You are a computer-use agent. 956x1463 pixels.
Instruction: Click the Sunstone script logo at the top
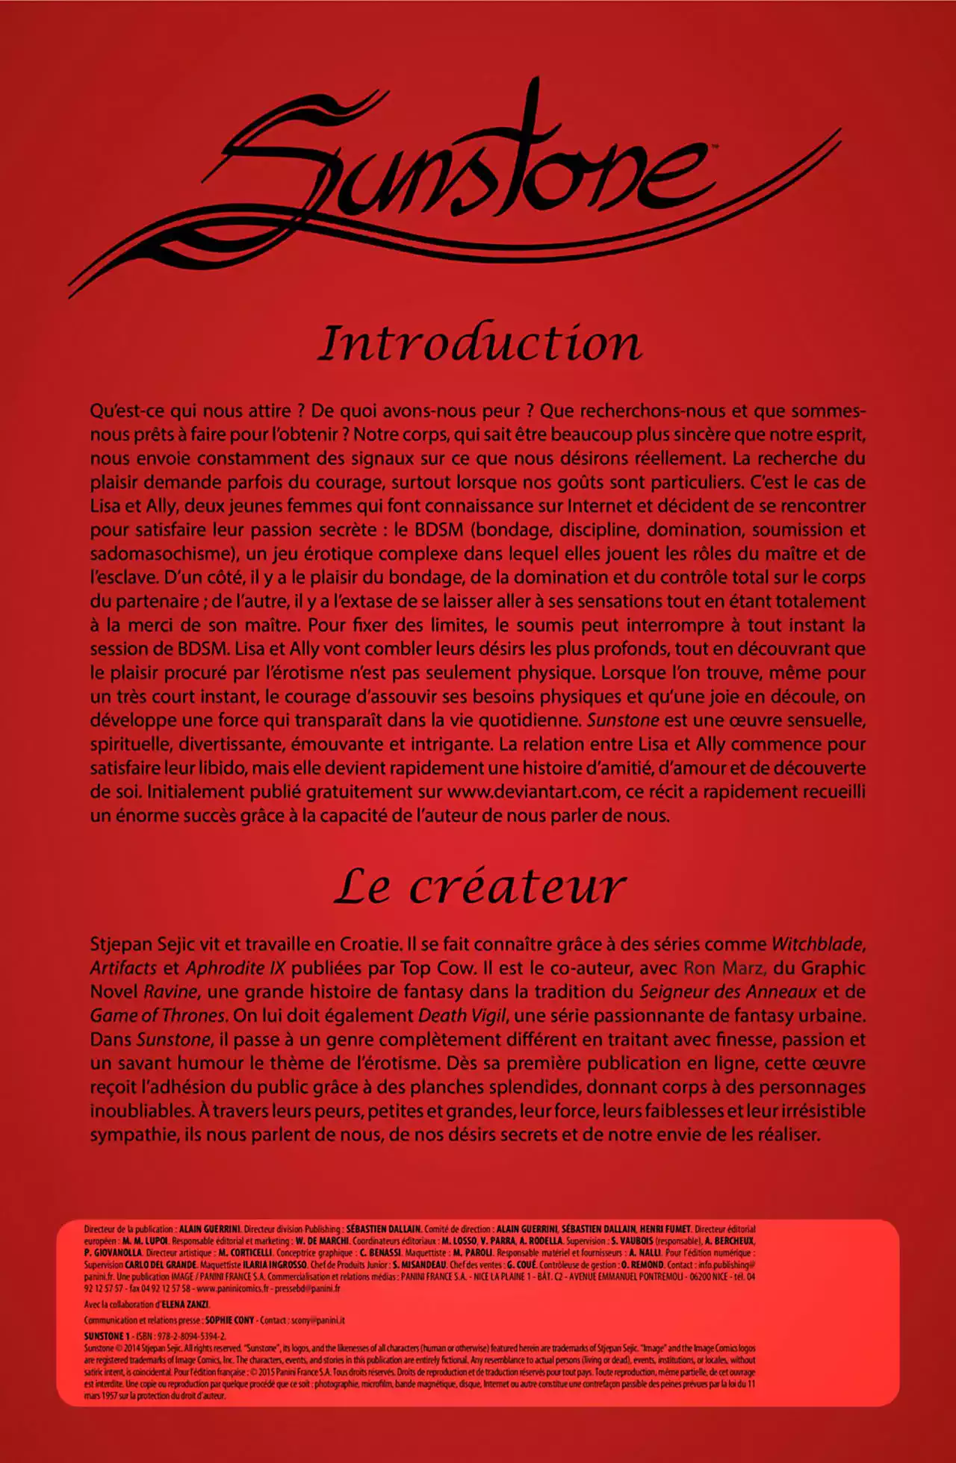tap(456, 187)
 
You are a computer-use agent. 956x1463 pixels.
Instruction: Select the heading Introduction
tap(479, 343)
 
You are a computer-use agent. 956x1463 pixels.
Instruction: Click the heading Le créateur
tap(479, 887)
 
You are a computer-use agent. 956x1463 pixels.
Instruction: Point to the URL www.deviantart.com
tap(533, 791)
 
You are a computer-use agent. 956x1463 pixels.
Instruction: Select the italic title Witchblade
tap(818, 943)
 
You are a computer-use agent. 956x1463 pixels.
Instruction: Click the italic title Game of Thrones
tap(158, 1015)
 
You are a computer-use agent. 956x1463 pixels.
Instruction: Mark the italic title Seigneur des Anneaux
tap(728, 991)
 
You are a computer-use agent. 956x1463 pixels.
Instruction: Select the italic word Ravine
tap(170, 991)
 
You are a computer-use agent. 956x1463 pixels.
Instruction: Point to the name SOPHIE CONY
tap(230, 1320)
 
